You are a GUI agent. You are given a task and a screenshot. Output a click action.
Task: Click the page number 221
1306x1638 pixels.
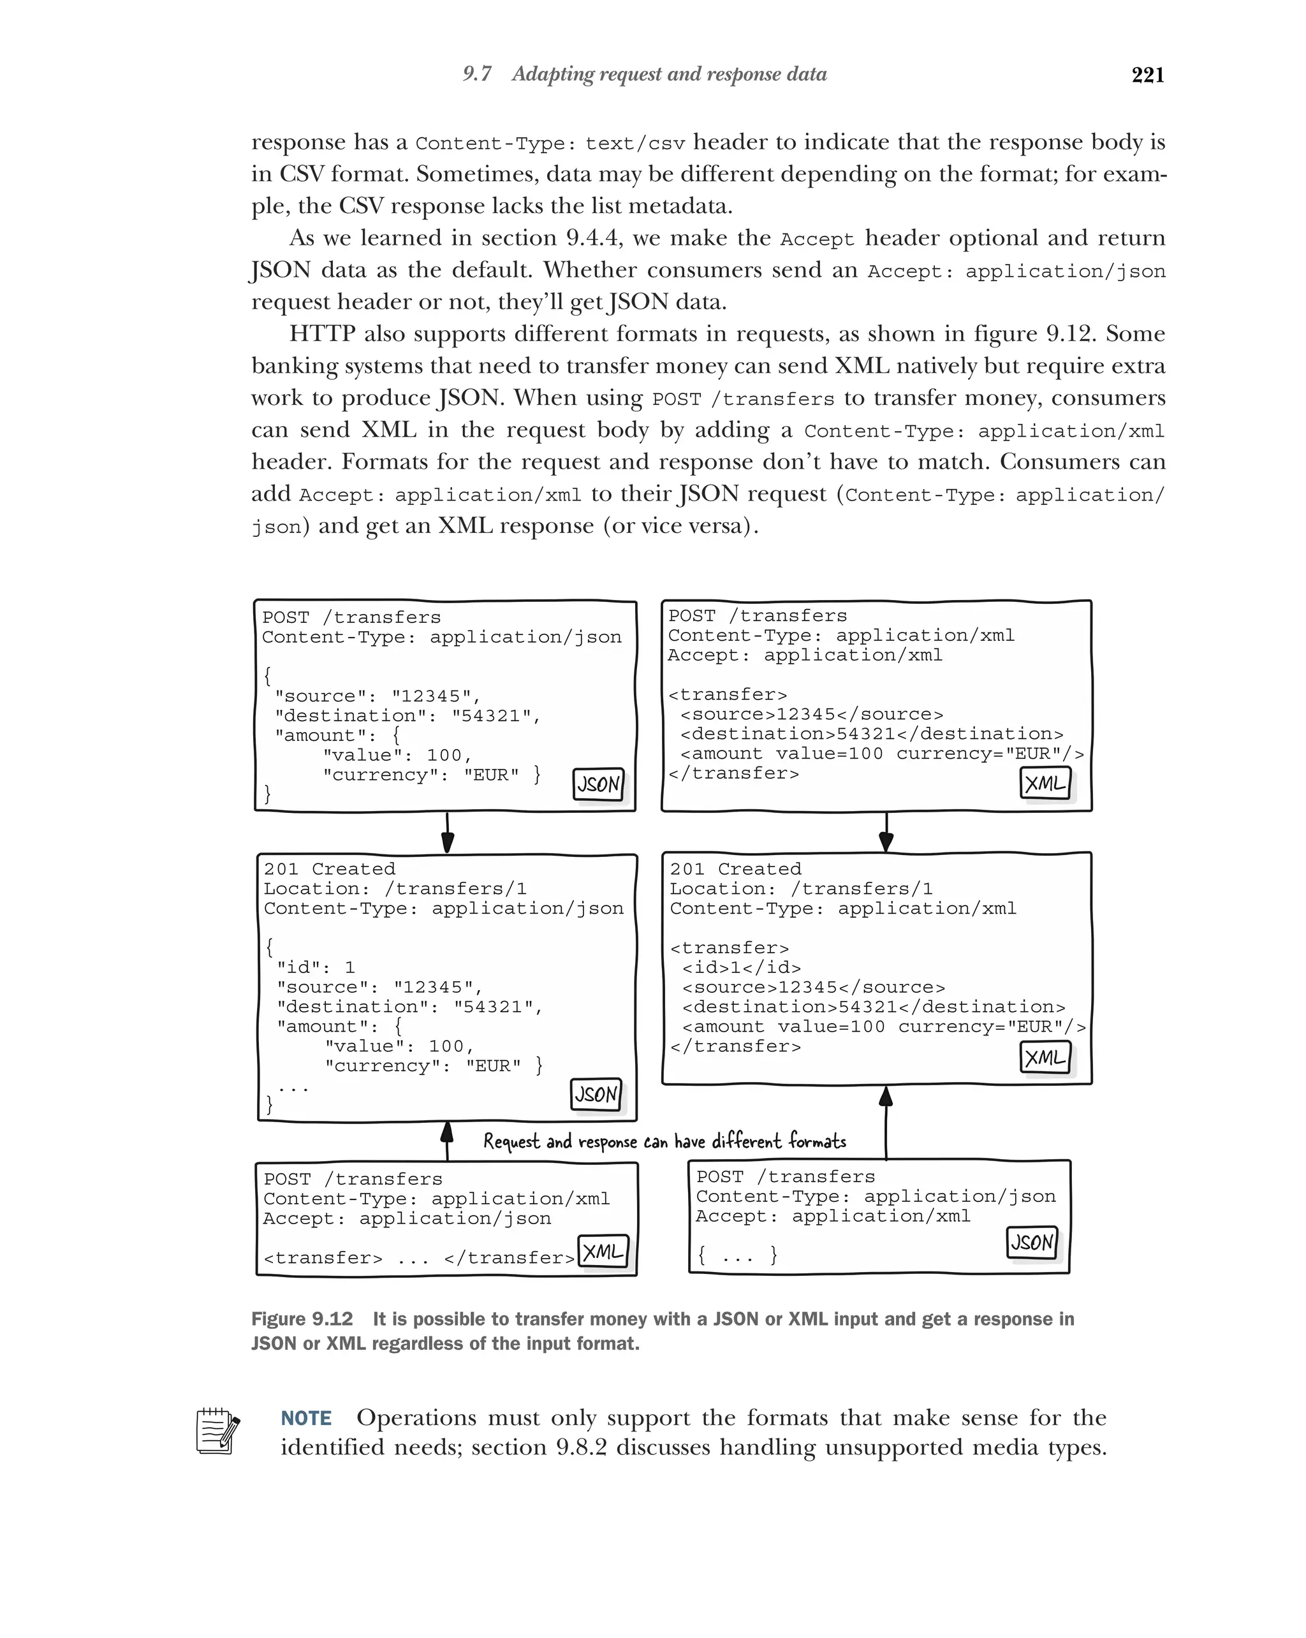pyautogui.click(x=1147, y=75)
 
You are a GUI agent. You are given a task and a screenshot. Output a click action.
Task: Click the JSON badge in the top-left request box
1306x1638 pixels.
pyautogui.click(x=598, y=784)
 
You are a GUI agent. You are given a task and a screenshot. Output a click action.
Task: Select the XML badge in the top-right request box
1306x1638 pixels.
pyautogui.click(x=1045, y=782)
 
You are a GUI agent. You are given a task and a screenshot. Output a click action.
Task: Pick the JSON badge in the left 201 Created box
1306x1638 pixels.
pyautogui.click(x=596, y=1094)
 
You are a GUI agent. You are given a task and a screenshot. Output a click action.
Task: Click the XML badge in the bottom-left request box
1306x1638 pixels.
pyautogui.click(x=603, y=1250)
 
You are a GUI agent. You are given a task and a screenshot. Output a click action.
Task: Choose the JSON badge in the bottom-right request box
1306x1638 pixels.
pyautogui.click(x=1032, y=1242)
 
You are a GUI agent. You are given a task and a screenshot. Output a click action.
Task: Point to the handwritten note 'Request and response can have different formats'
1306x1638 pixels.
pyautogui.click(x=664, y=1141)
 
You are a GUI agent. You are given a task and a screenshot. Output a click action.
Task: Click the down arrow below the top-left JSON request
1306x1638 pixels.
pyautogui.click(x=448, y=833)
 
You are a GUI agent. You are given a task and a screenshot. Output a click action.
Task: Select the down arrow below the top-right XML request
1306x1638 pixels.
pyautogui.click(x=886, y=833)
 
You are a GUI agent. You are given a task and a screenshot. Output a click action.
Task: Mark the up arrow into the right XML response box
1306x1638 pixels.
pyautogui.click(x=886, y=1121)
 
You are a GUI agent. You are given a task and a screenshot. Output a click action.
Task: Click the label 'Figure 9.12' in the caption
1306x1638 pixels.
pyautogui.click(x=302, y=1319)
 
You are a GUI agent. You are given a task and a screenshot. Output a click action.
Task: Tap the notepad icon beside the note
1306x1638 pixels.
pyautogui.click(x=218, y=1431)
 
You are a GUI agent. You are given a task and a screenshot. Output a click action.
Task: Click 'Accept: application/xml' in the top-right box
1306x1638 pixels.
pyautogui.click(x=805, y=655)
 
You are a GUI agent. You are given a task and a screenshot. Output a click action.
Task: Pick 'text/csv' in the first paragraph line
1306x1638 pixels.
pyautogui.click(x=635, y=143)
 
